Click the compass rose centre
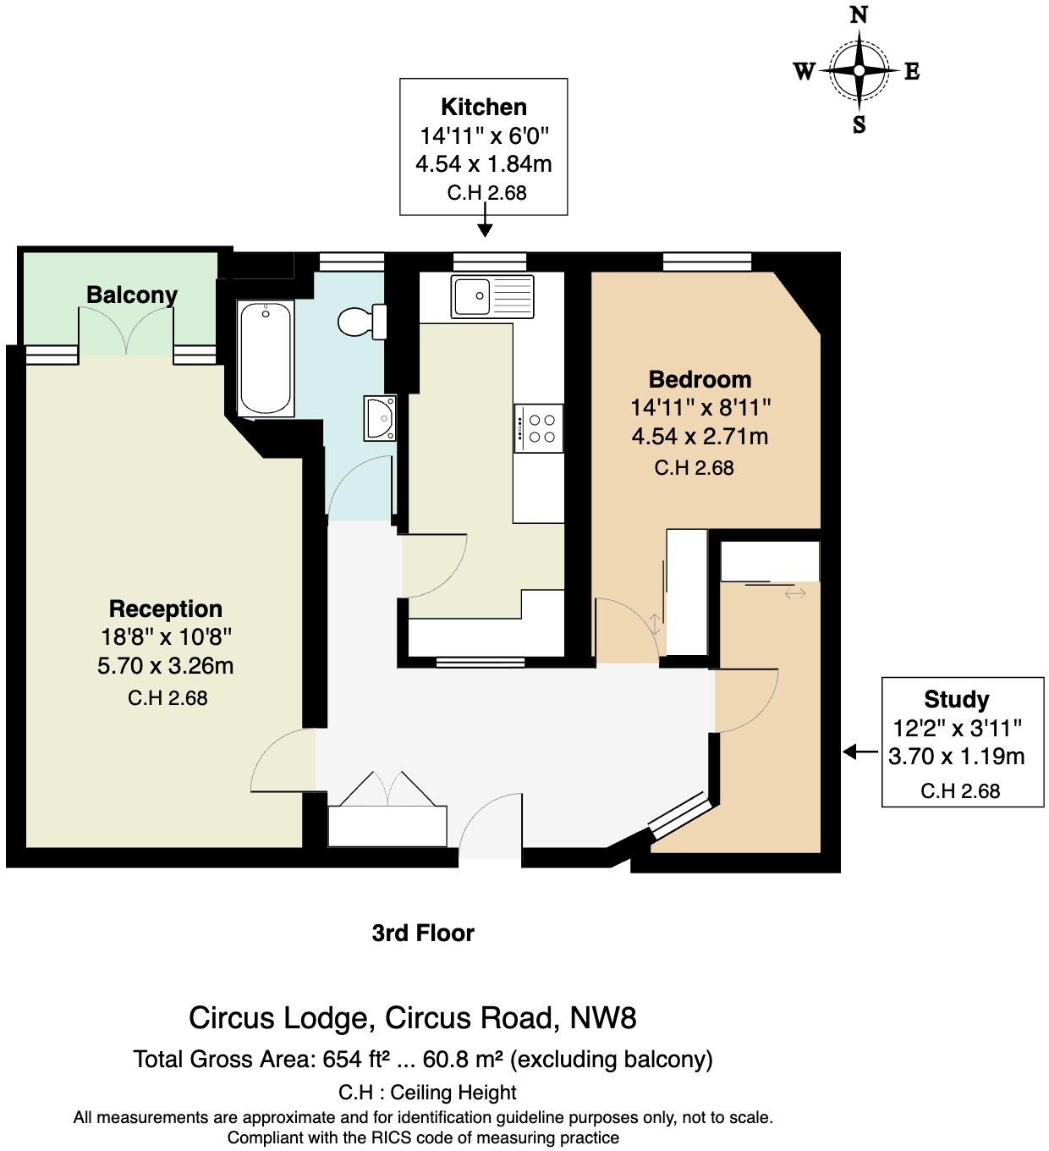(x=859, y=71)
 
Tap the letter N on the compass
(x=859, y=14)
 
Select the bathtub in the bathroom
(x=266, y=358)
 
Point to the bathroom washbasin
(x=380, y=418)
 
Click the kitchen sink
(x=492, y=296)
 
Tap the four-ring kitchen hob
(x=539, y=428)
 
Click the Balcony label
(x=132, y=295)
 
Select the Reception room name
(x=166, y=609)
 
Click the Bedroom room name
(x=700, y=379)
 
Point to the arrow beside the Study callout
(x=860, y=752)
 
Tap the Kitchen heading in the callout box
(x=484, y=107)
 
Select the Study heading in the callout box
(x=956, y=700)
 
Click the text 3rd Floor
(x=423, y=933)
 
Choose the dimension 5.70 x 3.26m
(x=166, y=666)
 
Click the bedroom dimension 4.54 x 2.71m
(x=700, y=437)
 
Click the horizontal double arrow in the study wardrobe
(x=795, y=594)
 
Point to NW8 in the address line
(x=603, y=1017)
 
